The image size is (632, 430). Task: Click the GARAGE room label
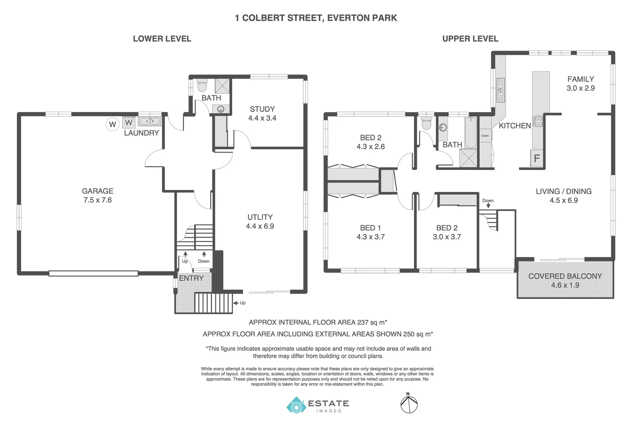coord(98,191)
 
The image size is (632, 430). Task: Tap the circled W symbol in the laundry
coord(112,124)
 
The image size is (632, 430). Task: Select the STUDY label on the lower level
coord(262,109)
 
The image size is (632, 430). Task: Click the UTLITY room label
coord(260,217)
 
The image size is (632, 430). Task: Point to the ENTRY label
coord(191,278)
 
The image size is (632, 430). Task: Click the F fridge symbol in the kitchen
coord(536,158)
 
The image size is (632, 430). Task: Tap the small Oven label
coord(485,136)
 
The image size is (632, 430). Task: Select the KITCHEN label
coord(515,126)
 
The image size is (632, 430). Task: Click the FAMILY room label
coord(581,79)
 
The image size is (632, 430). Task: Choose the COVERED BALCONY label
coord(565,276)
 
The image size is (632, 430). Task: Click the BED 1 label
coord(370,228)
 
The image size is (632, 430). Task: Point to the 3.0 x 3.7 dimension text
coord(447,237)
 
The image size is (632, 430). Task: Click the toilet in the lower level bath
coord(202,86)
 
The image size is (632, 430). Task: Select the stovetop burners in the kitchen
coord(538,121)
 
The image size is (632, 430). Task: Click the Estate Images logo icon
coord(296,405)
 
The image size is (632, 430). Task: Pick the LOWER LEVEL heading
coord(162,39)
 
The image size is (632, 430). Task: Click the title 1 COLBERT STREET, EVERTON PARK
coord(316,18)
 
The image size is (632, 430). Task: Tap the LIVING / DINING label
coord(563,192)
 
